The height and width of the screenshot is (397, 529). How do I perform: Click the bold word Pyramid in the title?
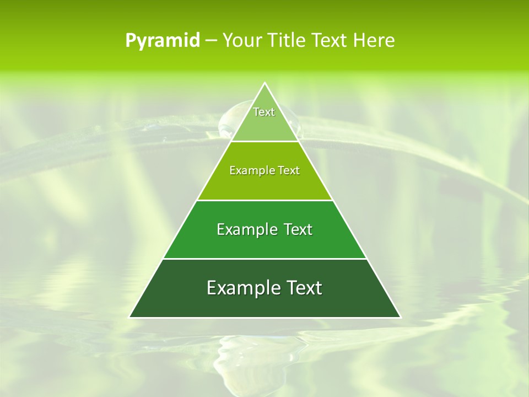click(163, 41)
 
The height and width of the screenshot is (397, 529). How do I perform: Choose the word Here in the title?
click(374, 41)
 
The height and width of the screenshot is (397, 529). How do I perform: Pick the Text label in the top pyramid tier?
click(264, 112)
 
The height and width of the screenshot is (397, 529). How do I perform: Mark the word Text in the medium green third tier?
click(299, 229)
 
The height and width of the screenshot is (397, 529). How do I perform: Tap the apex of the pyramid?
click(264, 83)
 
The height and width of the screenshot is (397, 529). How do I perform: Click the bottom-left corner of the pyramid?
click(129, 317)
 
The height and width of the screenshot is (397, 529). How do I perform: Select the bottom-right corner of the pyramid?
click(400, 317)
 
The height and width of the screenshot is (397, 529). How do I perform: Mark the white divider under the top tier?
click(264, 141)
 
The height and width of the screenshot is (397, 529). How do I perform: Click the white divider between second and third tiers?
click(264, 200)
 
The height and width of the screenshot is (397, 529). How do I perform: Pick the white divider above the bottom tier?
click(264, 259)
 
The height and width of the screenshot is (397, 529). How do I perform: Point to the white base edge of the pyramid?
click(264, 318)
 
